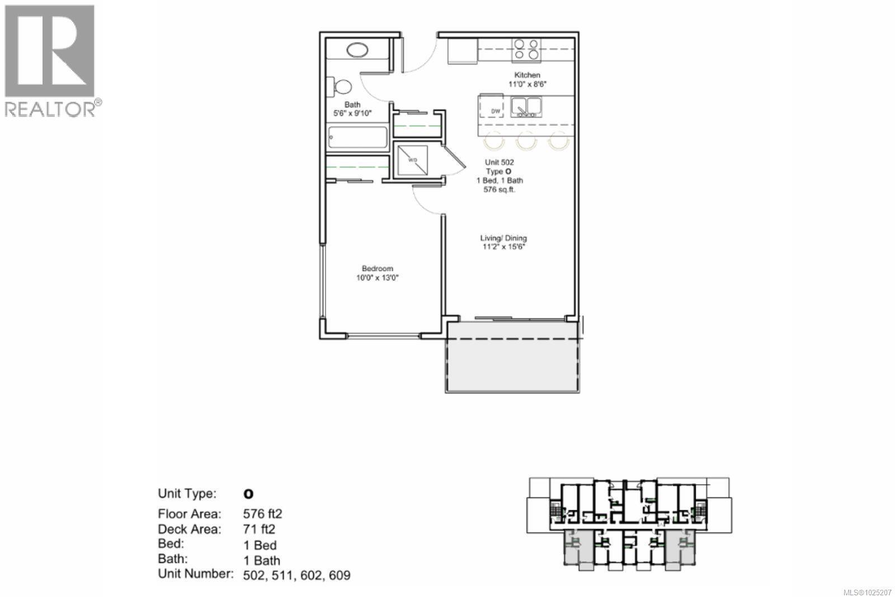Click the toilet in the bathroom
point(341,87)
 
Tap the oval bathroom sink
point(357,50)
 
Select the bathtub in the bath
point(357,138)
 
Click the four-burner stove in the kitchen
point(526,49)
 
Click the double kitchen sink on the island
point(526,106)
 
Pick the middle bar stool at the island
point(526,140)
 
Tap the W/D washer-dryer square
point(412,160)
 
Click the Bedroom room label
point(377,269)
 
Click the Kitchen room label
point(527,75)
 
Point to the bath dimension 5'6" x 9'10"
point(352,113)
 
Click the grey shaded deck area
point(511,358)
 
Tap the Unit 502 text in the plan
point(499,162)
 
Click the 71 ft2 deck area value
point(259,529)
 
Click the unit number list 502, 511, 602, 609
point(296,575)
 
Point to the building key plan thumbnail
point(628,523)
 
